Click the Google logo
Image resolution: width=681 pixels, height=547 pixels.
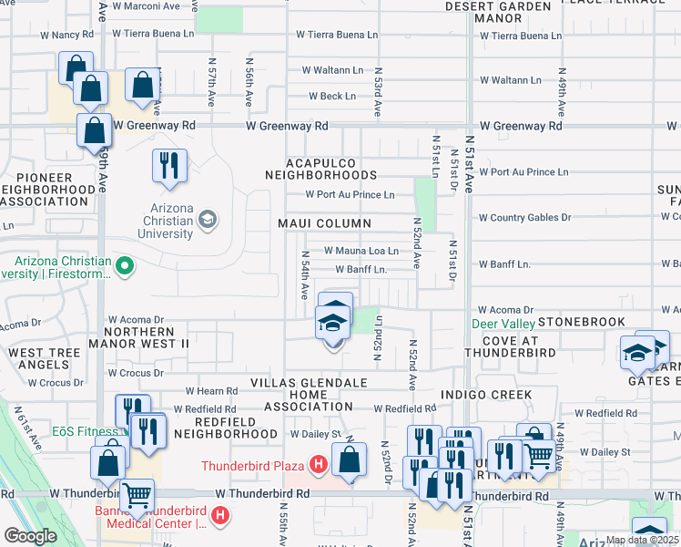pyautogui.click(x=30, y=536)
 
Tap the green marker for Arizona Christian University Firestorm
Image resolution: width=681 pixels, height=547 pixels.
pyautogui.click(x=126, y=267)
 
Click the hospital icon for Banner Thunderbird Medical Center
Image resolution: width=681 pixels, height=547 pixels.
pyautogui.click(x=219, y=517)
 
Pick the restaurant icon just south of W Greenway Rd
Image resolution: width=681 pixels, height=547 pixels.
pyautogui.click(x=169, y=165)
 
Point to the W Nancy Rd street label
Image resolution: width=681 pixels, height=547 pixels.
pyautogui.click(x=66, y=35)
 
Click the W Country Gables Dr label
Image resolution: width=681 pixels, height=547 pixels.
pyautogui.click(x=524, y=218)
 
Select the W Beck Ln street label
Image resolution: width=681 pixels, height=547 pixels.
pyautogui.click(x=331, y=96)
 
